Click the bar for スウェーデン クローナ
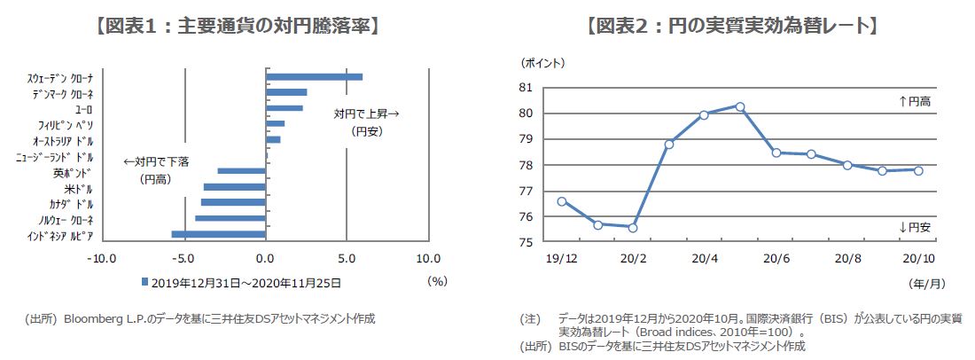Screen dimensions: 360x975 [x=314, y=77]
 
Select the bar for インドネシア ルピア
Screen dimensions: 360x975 [x=218, y=235]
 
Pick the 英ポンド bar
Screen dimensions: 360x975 [x=241, y=171]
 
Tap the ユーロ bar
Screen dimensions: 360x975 [x=285, y=108]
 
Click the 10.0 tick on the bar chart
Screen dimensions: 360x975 [x=428, y=258]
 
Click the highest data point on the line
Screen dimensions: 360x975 [x=740, y=106]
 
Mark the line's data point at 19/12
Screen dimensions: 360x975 [x=562, y=201]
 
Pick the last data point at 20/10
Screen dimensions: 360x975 [x=918, y=170]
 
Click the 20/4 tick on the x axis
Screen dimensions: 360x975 [x=704, y=259]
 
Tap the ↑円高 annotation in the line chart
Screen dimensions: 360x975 [x=915, y=102]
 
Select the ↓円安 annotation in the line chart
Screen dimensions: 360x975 [x=915, y=228]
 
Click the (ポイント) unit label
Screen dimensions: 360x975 [x=542, y=63]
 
